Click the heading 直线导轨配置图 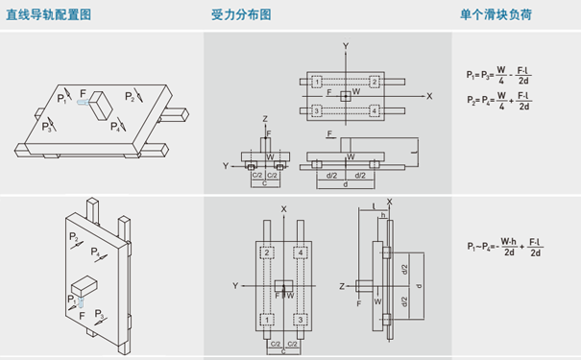tap(48, 14)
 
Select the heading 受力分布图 tap(241, 14)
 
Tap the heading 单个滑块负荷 tap(496, 14)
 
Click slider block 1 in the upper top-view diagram tap(316, 83)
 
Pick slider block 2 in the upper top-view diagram tap(375, 83)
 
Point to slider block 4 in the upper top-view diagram tap(375, 111)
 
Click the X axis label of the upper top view tap(429, 96)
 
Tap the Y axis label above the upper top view tap(346, 46)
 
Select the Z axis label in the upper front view tap(265, 118)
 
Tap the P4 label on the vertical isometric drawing tap(96, 252)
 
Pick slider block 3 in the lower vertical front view tap(302, 318)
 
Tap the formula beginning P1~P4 tap(505, 247)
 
